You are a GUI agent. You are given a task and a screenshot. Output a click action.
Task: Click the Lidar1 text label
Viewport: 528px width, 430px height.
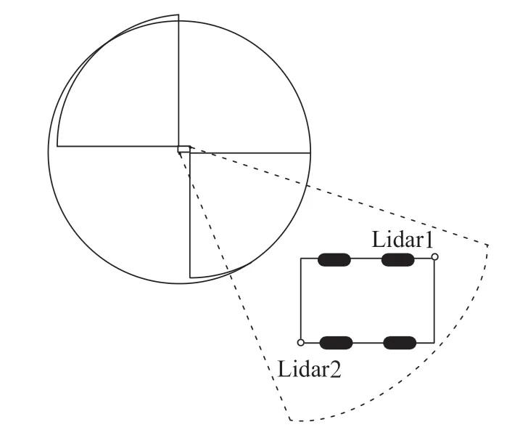click(x=402, y=240)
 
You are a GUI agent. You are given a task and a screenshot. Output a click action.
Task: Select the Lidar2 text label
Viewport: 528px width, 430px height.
click(x=309, y=369)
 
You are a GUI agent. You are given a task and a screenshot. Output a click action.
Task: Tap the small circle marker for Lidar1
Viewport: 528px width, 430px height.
click(x=434, y=257)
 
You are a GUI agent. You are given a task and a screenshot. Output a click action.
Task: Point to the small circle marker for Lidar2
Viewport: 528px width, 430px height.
click(x=301, y=343)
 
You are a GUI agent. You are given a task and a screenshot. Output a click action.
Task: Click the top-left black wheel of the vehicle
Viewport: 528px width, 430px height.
click(x=334, y=260)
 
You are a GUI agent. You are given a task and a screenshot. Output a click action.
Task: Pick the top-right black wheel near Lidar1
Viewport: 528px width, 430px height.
click(x=397, y=260)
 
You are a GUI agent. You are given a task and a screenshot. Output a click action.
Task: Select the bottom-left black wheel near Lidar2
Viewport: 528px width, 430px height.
click(x=336, y=343)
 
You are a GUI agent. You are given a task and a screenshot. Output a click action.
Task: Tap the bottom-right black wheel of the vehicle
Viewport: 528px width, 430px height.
click(x=400, y=343)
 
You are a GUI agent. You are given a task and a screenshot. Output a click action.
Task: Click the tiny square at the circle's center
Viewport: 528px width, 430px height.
click(x=184, y=150)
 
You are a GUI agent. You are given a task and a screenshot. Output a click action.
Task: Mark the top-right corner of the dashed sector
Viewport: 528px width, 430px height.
click(x=488, y=245)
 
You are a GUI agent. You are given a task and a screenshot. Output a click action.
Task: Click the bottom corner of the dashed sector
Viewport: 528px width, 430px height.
click(x=290, y=421)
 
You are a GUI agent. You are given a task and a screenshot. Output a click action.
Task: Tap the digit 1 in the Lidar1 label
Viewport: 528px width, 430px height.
click(x=429, y=240)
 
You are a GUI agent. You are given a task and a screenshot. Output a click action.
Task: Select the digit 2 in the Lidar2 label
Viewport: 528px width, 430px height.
click(x=335, y=369)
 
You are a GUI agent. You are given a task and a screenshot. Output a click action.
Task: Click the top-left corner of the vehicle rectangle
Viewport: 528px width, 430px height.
click(x=301, y=259)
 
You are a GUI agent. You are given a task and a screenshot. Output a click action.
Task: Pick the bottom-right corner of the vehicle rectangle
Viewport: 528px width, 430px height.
click(x=434, y=343)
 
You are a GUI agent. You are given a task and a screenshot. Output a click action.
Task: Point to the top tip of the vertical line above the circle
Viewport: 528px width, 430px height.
click(x=178, y=15)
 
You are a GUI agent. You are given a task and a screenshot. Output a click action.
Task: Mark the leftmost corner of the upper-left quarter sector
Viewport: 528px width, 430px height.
click(x=57, y=147)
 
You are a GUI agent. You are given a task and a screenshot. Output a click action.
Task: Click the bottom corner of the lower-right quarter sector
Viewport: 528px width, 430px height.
click(x=190, y=277)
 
